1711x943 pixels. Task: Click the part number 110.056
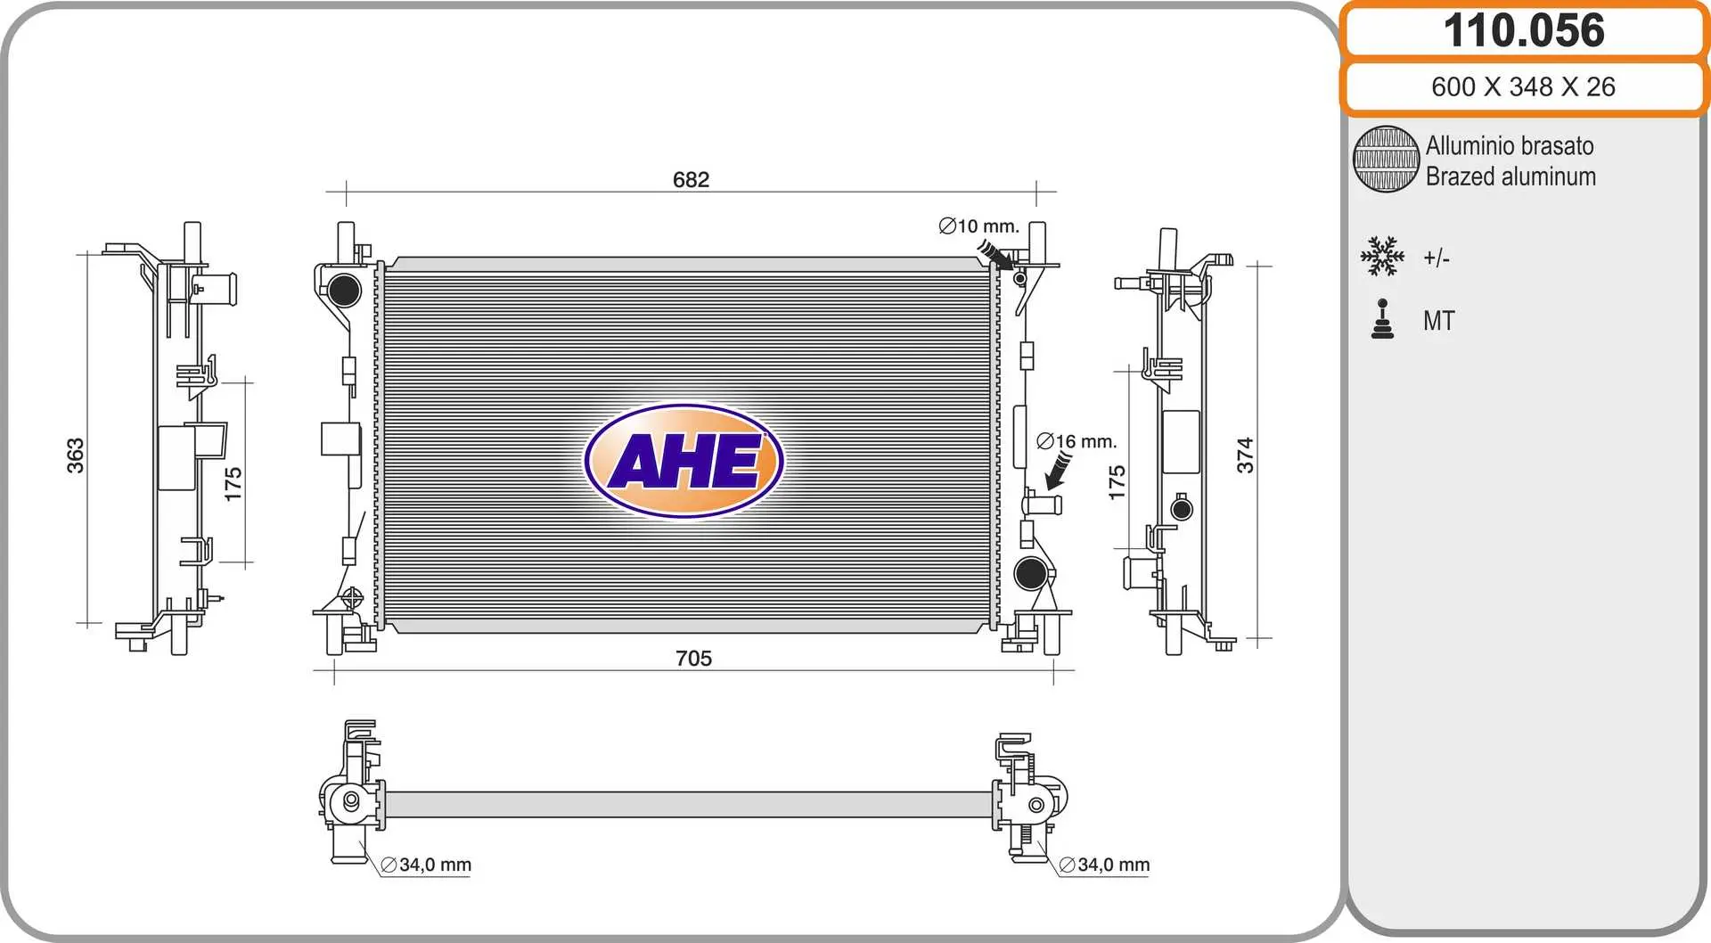pyautogui.click(x=1524, y=30)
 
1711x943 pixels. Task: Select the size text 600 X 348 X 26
pyautogui.click(x=1523, y=86)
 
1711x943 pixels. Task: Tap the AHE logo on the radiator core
pyautogui.click(x=684, y=461)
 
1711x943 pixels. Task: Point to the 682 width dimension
pyautogui.click(x=691, y=179)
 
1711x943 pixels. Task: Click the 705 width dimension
pyautogui.click(x=693, y=658)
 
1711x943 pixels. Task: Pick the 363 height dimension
pyautogui.click(x=76, y=455)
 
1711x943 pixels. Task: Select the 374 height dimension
pyautogui.click(x=1245, y=455)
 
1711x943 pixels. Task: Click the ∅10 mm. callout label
pyautogui.click(x=978, y=226)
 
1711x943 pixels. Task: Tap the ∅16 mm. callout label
pyautogui.click(x=1077, y=441)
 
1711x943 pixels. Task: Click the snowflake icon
pyautogui.click(x=1382, y=257)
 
